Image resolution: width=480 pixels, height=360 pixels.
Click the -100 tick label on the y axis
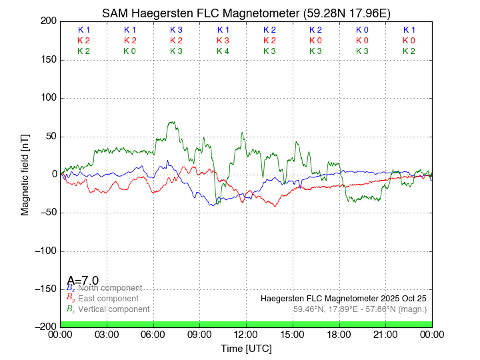(43, 251)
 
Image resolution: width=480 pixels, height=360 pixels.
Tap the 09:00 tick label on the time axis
(200, 334)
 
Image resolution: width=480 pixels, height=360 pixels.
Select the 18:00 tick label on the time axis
(339, 334)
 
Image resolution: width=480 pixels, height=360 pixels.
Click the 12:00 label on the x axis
(247, 334)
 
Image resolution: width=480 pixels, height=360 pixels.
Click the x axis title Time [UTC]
(246, 348)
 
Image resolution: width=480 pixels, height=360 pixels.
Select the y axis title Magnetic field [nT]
(25, 174)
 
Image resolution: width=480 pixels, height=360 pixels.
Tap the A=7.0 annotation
(83, 280)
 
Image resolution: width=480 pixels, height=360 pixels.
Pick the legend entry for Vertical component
(113, 309)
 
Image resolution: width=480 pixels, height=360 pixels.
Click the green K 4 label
(223, 51)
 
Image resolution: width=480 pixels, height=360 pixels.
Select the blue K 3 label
(176, 30)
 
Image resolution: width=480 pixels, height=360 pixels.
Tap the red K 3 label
(223, 41)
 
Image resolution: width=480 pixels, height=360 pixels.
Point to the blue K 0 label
(362, 30)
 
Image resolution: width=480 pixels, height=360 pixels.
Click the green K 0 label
(129, 51)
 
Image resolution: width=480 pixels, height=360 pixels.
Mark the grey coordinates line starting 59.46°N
(359, 309)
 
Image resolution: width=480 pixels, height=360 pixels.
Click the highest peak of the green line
(172, 122)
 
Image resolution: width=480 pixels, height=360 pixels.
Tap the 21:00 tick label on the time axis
(385, 334)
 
